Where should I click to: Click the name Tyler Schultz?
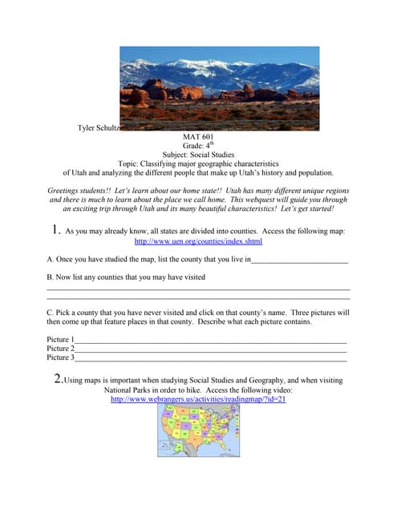click(x=99, y=127)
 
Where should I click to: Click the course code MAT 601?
click(x=198, y=137)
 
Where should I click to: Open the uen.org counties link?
click(x=198, y=240)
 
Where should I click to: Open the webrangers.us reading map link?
click(x=198, y=398)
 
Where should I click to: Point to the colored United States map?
click(x=199, y=430)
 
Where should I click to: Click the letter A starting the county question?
click(x=50, y=259)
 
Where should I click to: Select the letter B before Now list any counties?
click(x=50, y=277)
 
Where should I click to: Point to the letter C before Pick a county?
click(x=50, y=312)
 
